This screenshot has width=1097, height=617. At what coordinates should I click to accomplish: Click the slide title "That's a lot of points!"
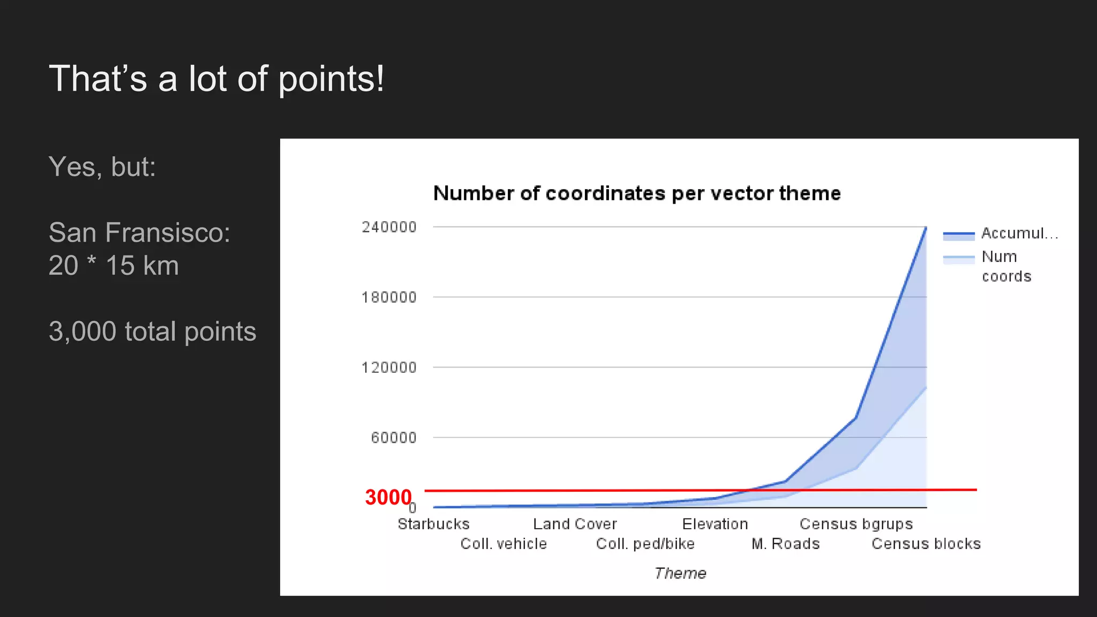(x=216, y=79)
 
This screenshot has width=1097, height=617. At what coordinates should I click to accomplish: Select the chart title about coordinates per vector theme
(x=637, y=193)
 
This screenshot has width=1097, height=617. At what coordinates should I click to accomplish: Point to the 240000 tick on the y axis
(x=389, y=227)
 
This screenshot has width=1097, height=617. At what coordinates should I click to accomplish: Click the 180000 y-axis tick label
(x=389, y=297)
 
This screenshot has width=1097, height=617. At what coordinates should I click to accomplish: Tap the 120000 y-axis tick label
(x=389, y=367)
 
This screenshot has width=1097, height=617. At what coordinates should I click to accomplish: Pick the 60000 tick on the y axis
(x=394, y=438)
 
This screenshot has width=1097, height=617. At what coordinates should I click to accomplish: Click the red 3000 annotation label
(x=388, y=497)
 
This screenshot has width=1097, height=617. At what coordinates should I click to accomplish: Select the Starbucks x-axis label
(x=433, y=524)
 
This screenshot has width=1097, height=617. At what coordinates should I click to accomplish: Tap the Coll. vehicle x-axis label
(x=504, y=544)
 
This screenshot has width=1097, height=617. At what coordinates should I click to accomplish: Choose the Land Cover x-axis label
(x=575, y=524)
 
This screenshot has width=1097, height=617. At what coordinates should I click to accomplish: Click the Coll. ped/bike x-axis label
(x=645, y=544)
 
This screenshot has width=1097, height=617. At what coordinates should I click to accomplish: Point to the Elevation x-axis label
(x=715, y=524)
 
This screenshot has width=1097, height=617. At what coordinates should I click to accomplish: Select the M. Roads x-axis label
(x=786, y=544)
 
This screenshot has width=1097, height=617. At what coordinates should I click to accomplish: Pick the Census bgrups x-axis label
(x=856, y=524)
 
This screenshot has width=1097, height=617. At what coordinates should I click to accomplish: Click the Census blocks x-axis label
(x=926, y=544)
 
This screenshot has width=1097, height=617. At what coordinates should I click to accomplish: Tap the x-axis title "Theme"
(x=680, y=573)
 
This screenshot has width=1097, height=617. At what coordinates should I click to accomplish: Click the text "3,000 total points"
(x=153, y=331)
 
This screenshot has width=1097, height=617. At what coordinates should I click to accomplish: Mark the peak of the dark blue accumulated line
(x=926, y=228)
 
